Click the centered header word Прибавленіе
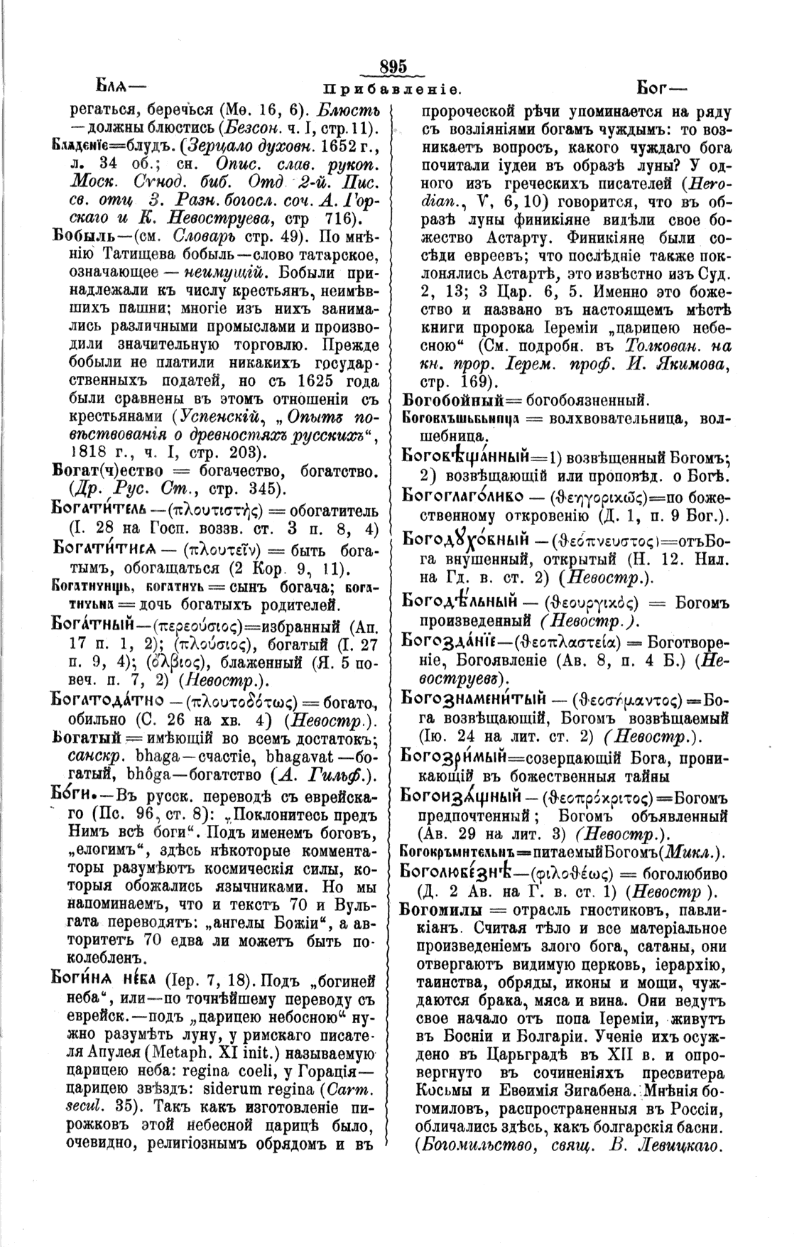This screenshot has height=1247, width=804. click(393, 90)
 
